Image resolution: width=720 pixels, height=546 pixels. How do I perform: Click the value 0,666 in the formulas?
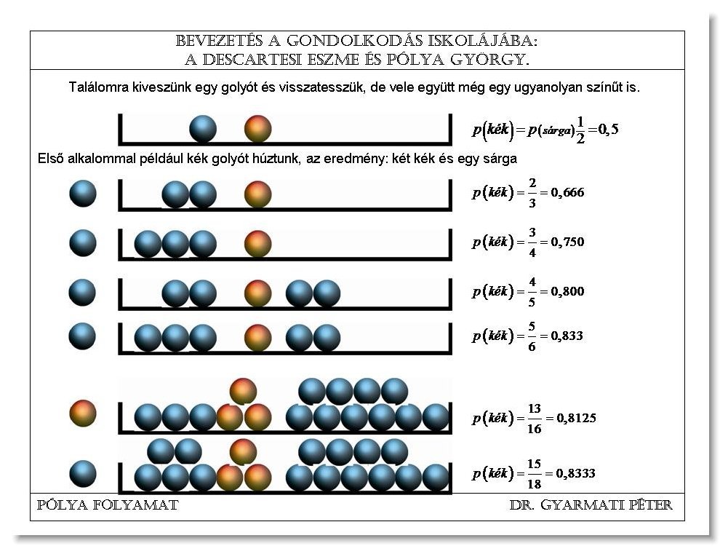pos(567,193)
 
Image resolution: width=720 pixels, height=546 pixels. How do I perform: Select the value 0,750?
pos(567,242)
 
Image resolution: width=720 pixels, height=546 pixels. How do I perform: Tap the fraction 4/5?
pos(532,291)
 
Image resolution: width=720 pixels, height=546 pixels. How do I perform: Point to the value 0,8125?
pos(576,418)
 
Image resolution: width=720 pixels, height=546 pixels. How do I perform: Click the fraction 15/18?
pos(534,474)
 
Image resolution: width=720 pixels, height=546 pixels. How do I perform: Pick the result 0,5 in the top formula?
pos(609,130)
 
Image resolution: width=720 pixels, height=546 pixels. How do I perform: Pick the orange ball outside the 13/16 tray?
pos(83,414)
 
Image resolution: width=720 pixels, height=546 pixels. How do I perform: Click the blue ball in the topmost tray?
pos(203,129)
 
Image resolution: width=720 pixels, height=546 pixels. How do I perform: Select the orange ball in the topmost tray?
pos(257,129)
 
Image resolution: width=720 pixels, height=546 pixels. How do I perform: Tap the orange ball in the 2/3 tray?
pos(257,194)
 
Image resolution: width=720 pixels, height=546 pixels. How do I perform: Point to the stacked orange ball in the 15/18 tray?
pos(243,451)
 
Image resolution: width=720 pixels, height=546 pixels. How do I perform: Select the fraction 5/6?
pos(532,336)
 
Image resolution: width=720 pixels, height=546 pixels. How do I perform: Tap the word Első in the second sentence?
pos(50,159)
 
